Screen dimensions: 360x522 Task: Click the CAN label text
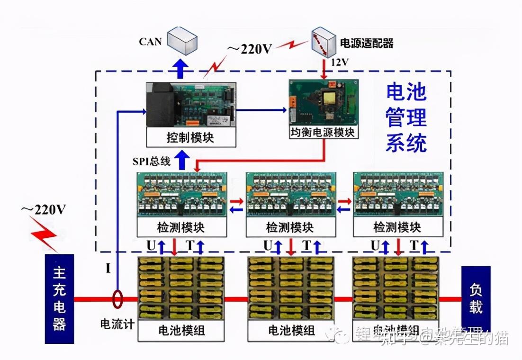(x=150, y=42)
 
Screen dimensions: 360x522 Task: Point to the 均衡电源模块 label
(x=324, y=132)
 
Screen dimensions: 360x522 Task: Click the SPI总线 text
(x=151, y=161)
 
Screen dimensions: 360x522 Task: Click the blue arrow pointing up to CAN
(x=180, y=69)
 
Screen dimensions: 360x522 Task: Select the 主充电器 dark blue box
(x=59, y=298)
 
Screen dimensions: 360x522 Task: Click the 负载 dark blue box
(x=476, y=298)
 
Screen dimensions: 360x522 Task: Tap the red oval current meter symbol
(x=117, y=299)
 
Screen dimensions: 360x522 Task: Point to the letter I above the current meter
(x=108, y=270)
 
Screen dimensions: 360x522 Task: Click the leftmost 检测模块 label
(x=181, y=227)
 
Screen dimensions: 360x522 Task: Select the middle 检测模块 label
(x=289, y=227)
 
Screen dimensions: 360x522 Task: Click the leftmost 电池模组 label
(x=181, y=330)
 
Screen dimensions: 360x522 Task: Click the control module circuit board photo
(x=190, y=105)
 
